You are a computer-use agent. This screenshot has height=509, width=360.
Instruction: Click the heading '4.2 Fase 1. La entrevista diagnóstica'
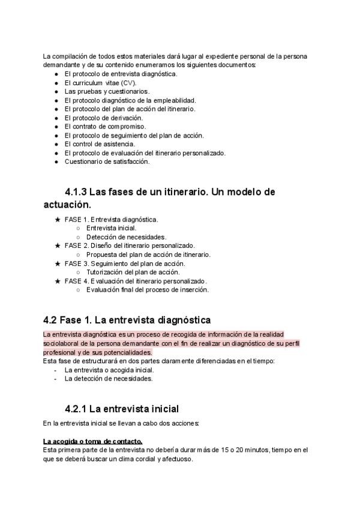click(x=127, y=320)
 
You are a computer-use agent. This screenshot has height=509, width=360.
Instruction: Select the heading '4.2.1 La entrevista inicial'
click(x=122, y=409)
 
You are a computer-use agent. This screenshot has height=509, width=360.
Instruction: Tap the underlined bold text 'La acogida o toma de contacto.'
click(x=92, y=441)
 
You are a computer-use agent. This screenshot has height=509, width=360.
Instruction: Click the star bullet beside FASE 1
click(x=57, y=220)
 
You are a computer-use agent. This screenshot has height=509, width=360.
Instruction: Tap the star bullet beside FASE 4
click(x=57, y=281)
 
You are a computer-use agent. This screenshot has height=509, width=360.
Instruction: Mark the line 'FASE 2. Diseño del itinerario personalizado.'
click(x=129, y=245)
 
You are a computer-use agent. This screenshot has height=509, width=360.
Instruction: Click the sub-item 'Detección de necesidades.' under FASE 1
click(x=126, y=237)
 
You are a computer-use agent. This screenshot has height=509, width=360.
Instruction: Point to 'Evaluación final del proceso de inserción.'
click(x=147, y=289)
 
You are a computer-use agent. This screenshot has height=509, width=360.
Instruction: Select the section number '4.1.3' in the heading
click(x=76, y=191)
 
